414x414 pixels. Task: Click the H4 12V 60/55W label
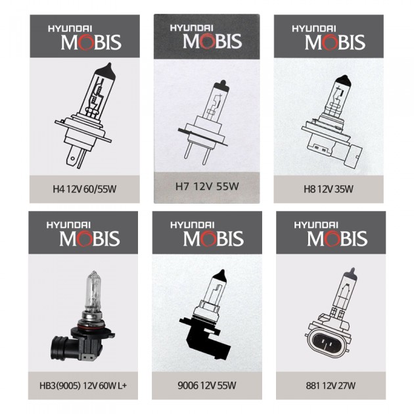(x=85, y=189)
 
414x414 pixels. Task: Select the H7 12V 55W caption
(x=207, y=187)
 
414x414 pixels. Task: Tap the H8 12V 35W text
(x=329, y=189)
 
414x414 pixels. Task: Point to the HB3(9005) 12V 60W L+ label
(x=83, y=386)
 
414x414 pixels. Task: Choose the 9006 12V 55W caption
(x=207, y=386)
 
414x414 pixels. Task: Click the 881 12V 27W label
(x=331, y=386)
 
